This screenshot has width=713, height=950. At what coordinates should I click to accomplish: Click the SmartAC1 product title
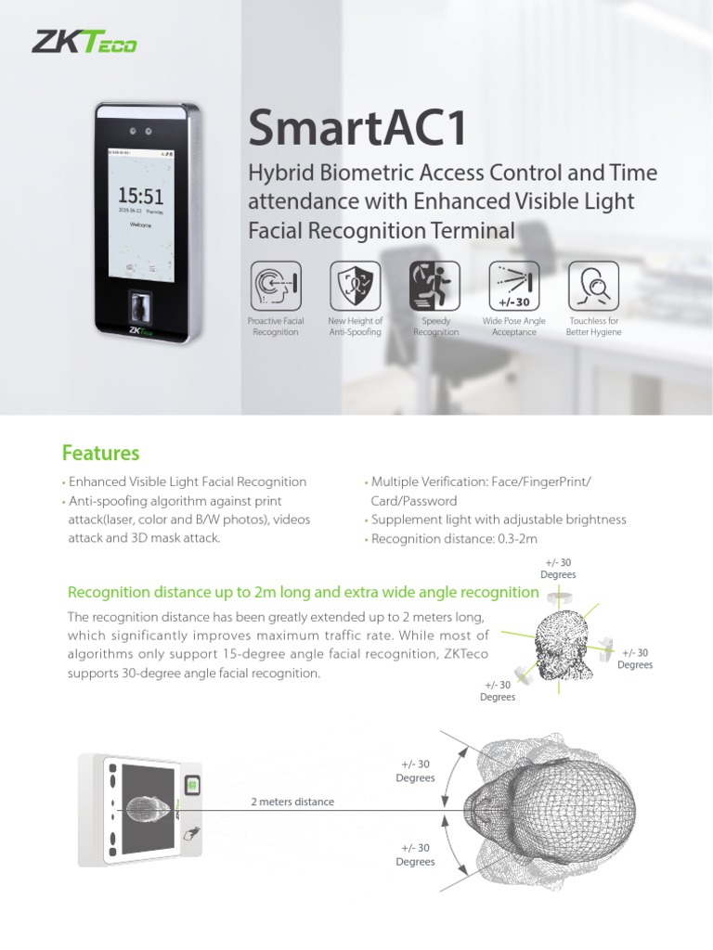(357, 128)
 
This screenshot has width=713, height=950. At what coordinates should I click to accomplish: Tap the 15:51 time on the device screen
(140, 196)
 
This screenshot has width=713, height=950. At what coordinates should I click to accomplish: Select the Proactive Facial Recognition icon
(275, 285)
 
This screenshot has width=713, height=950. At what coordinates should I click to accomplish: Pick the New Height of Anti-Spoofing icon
(355, 285)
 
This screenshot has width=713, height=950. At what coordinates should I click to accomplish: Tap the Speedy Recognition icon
(434, 285)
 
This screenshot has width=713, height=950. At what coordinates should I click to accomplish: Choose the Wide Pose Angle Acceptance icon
(513, 285)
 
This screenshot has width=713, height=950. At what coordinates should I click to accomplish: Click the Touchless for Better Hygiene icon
(593, 285)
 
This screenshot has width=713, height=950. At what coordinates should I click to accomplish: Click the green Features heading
(100, 453)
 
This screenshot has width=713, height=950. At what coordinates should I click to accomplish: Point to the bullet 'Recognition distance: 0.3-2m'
(454, 538)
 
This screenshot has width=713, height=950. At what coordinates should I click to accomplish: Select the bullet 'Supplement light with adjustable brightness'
(499, 520)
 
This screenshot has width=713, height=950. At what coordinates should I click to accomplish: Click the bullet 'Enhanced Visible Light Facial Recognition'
(188, 481)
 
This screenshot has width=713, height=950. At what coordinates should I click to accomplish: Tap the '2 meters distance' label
(292, 802)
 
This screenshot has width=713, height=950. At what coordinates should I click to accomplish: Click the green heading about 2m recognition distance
(304, 592)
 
